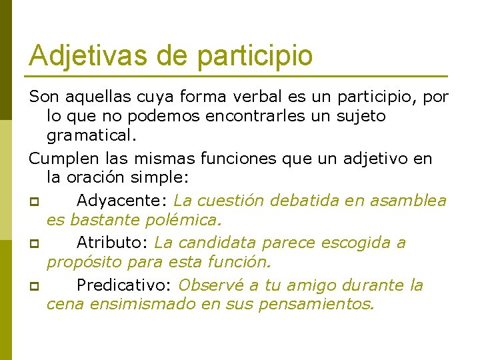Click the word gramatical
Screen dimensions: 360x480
pos(91,136)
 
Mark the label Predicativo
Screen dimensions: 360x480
pos(124,285)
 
